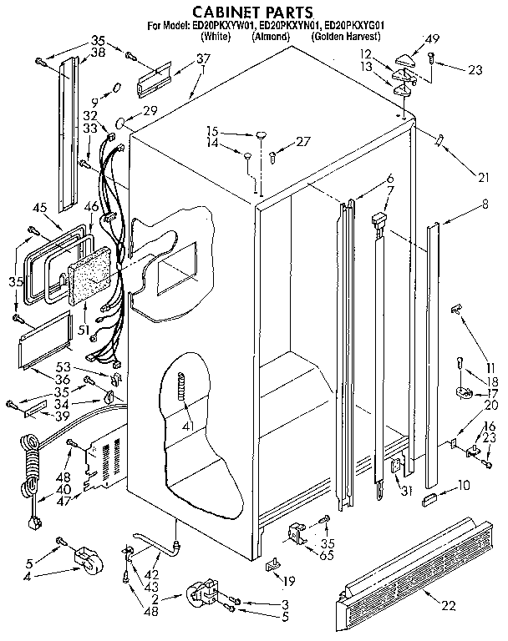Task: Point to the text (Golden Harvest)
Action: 345,38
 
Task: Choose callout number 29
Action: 150,111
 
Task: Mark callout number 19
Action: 289,581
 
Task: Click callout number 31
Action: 406,490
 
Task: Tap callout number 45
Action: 39,209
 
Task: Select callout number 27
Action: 302,141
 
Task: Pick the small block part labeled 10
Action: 430,499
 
